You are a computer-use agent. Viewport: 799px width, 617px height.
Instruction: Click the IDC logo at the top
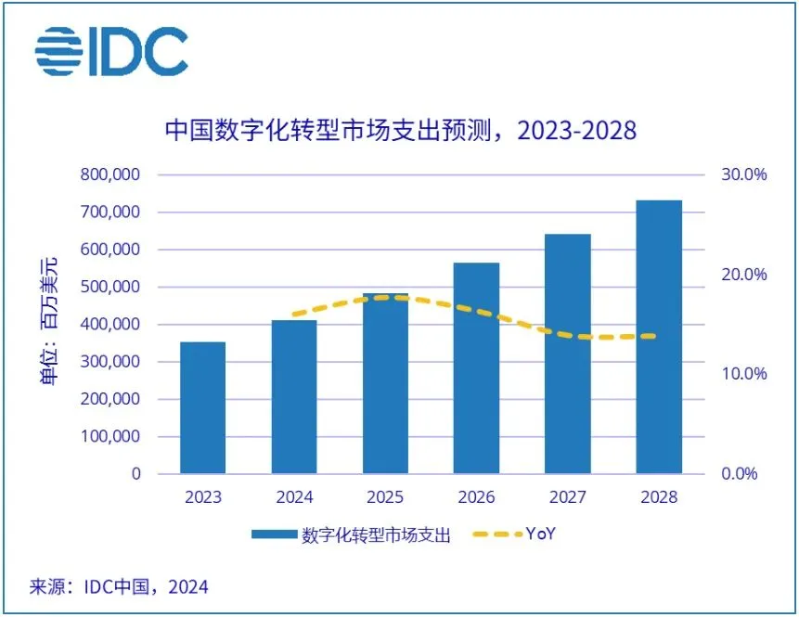pyautogui.click(x=110, y=52)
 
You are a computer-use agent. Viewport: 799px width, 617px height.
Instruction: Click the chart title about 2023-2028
pyautogui.click(x=400, y=129)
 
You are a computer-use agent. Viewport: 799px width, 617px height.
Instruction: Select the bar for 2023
pyautogui.click(x=202, y=407)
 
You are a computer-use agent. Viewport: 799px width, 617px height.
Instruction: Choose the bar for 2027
pyautogui.click(x=568, y=353)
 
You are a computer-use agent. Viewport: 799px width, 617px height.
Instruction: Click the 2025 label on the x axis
pyautogui.click(x=385, y=497)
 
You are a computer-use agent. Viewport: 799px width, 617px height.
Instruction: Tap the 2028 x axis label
pyautogui.click(x=659, y=497)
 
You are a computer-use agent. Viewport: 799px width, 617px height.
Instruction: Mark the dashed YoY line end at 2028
pyautogui.click(x=654, y=336)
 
